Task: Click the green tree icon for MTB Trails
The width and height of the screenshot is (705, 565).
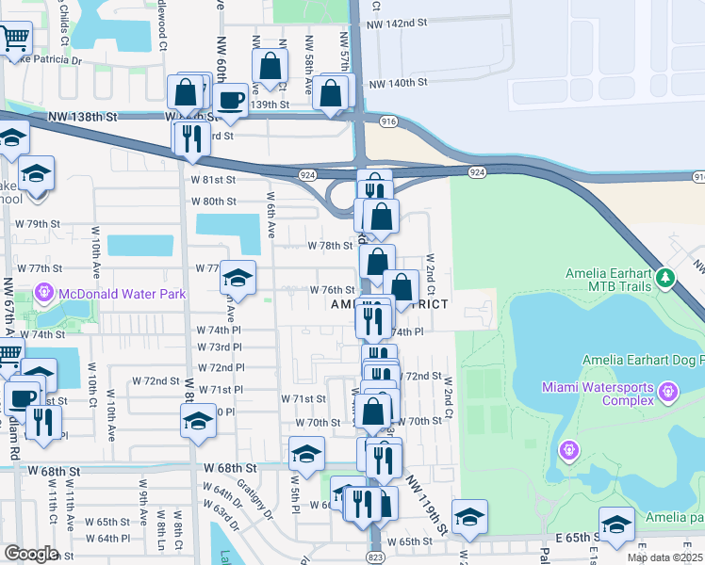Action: pos(666,278)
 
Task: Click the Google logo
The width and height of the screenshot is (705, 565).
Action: pos(31,553)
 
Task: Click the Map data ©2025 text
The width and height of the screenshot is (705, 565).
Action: pos(664,557)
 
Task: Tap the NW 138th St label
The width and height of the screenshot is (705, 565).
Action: pos(85,116)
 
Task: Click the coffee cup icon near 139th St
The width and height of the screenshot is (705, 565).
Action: pos(231,99)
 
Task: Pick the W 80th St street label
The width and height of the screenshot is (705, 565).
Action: pos(213,201)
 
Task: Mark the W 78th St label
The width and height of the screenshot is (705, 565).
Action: pos(330,245)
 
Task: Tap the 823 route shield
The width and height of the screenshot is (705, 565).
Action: pos(375,557)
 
